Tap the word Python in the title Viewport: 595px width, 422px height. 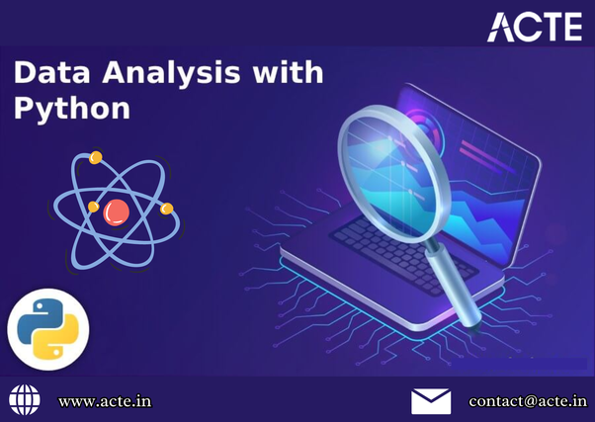coord(71,108)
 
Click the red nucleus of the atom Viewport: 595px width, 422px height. coord(117,210)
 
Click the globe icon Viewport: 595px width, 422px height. coord(25,400)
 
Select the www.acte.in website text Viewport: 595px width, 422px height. coord(105,401)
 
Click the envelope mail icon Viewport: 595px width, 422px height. coord(431,400)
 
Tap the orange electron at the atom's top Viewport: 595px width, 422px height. coord(96,158)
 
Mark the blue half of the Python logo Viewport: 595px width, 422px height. coord(40,318)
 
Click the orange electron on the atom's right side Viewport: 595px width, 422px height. coord(166,209)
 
